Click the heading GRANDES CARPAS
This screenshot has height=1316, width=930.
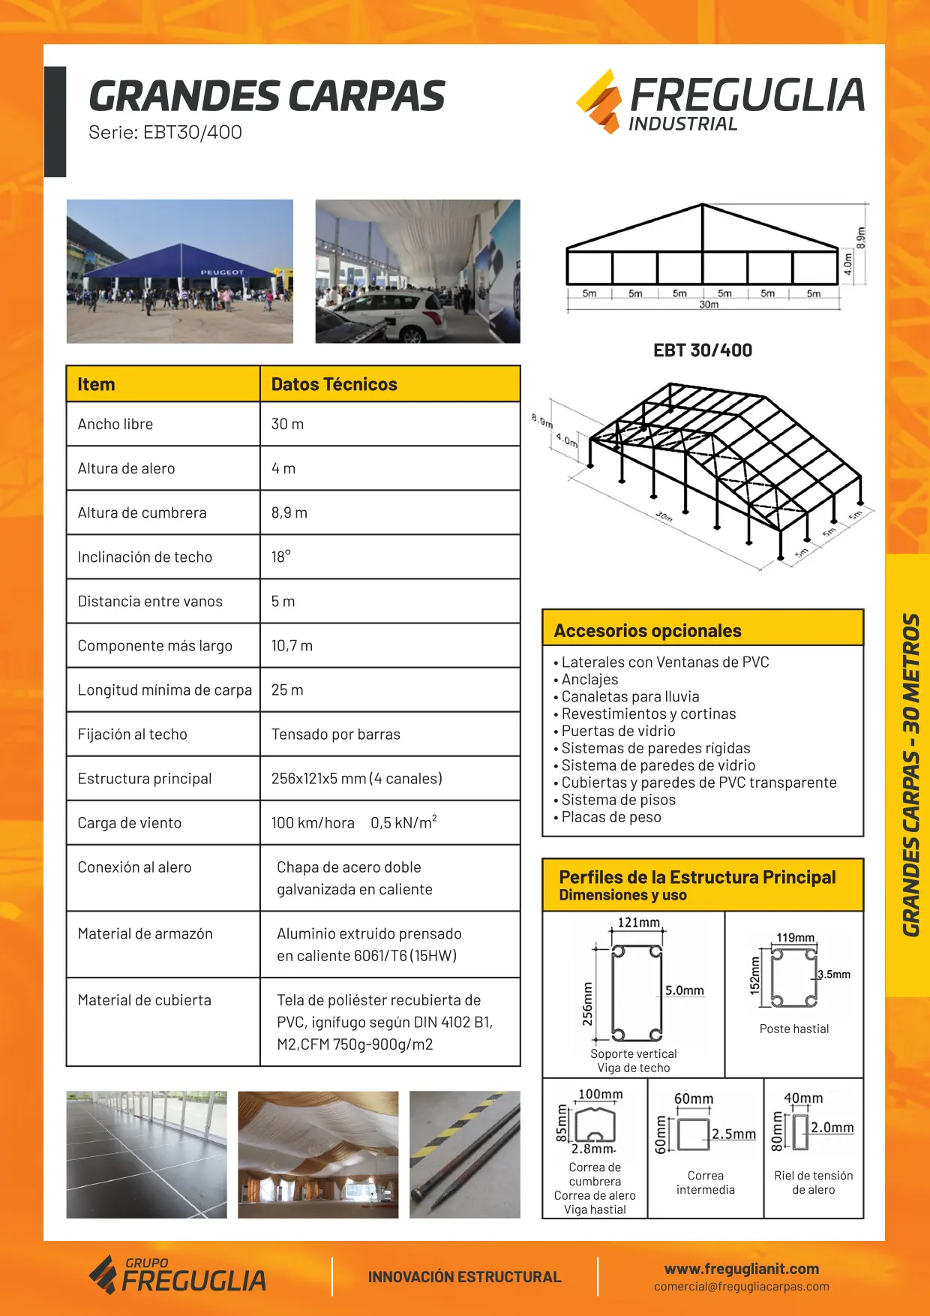pyautogui.click(x=266, y=96)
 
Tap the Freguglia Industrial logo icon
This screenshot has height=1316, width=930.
pyautogui.click(x=599, y=101)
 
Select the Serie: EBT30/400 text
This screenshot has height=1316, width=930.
pyautogui.click(x=165, y=133)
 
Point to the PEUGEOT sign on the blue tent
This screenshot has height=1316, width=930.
pyautogui.click(x=221, y=272)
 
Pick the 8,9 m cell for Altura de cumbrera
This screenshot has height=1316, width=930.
pyautogui.click(x=289, y=512)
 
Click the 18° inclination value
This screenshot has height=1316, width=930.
pyautogui.click(x=280, y=557)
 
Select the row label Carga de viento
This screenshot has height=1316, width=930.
pyautogui.click(x=130, y=823)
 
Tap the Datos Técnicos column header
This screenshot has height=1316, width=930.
pyautogui.click(x=334, y=384)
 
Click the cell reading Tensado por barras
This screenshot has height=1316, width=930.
pyautogui.click(x=335, y=735)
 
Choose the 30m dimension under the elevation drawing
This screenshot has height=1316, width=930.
pyautogui.click(x=709, y=305)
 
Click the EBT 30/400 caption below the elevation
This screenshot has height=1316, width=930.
pyautogui.click(x=702, y=350)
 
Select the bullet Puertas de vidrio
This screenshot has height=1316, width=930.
pyautogui.click(x=618, y=731)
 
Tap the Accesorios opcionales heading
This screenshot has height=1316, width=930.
pyautogui.click(x=647, y=631)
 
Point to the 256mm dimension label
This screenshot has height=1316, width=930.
pyautogui.click(x=587, y=1004)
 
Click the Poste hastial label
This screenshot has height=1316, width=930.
pyautogui.click(x=793, y=1029)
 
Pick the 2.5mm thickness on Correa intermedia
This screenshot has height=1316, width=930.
pyautogui.click(x=733, y=1134)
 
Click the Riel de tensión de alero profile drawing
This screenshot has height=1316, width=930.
pyautogui.click(x=800, y=1133)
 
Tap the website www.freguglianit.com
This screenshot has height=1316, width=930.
pyautogui.click(x=741, y=1269)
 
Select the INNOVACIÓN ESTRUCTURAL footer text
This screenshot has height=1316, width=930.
pyautogui.click(x=464, y=1277)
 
